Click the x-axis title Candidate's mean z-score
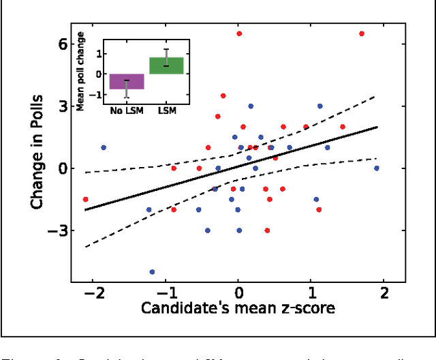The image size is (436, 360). pyautogui.click(x=238, y=308)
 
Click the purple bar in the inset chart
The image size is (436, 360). pyautogui.click(x=127, y=81)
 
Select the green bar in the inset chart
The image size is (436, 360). pyautogui.click(x=167, y=65)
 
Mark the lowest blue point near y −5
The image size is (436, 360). pyautogui.click(x=152, y=272)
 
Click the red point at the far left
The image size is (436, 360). pyautogui.click(x=85, y=199)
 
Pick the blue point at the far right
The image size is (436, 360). pyautogui.click(x=377, y=168)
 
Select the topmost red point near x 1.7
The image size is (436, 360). pyautogui.click(x=362, y=33)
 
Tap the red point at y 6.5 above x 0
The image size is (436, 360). pyautogui.click(x=239, y=33)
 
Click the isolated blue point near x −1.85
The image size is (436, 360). pyautogui.click(x=104, y=147)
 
